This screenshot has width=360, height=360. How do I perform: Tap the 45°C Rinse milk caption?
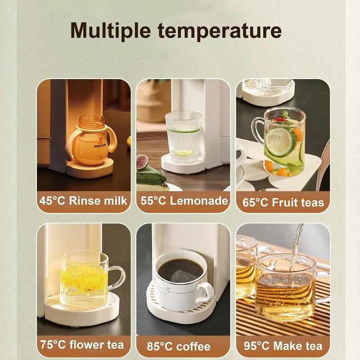[84, 201]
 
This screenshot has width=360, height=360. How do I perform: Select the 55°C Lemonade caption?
[184, 201]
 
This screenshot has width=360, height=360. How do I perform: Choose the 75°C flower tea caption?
[81, 345]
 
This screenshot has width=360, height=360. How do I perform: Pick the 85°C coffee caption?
[179, 346]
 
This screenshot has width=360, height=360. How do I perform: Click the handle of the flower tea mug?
[117, 277]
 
